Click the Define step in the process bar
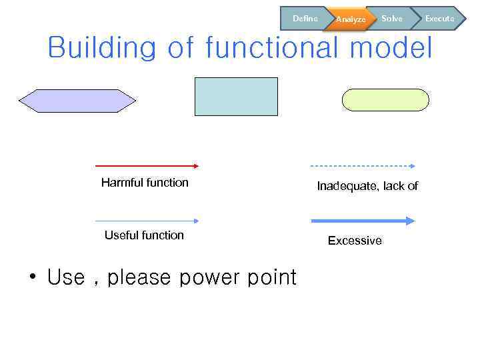point(305,19)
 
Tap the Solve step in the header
point(391,19)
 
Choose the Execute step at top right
point(439,19)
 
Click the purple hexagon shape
point(77,101)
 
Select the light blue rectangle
point(236,97)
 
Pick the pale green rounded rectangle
point(385,100)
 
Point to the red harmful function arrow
point(147,165)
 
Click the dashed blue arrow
point(363,165)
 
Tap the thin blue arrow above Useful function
point(147,221)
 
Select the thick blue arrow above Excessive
point(363,221)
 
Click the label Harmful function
point(145,183)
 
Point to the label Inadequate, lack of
point(367,186)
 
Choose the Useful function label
point(144,235)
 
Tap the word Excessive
point(355,241)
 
